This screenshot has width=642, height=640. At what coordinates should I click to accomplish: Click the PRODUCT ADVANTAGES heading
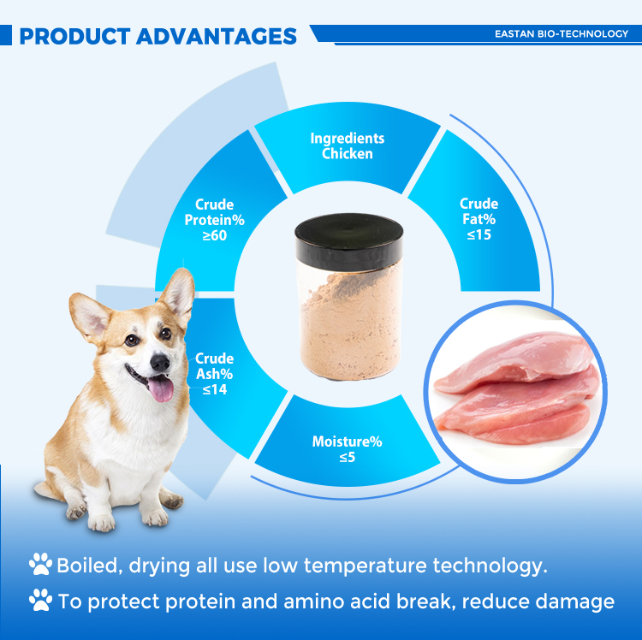[158, 36]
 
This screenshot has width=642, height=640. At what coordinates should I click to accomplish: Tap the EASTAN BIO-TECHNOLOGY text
[561, 34]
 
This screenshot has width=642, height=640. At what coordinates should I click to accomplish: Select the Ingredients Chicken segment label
[348, 146]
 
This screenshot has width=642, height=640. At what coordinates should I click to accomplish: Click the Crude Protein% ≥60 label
[215, 219]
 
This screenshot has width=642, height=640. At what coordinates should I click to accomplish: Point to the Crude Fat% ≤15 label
[479, 219]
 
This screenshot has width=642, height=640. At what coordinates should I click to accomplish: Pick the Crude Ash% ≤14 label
[214, 374]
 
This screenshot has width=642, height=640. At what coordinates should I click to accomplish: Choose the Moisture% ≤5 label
[347, 449]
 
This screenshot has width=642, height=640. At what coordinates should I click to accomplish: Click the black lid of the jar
[348, 237]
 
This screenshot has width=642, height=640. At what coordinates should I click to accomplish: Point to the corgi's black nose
[159, 362]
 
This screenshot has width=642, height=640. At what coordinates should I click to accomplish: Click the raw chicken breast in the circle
[514, 385]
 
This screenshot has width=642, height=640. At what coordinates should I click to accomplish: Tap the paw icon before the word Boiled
[40, 564]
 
